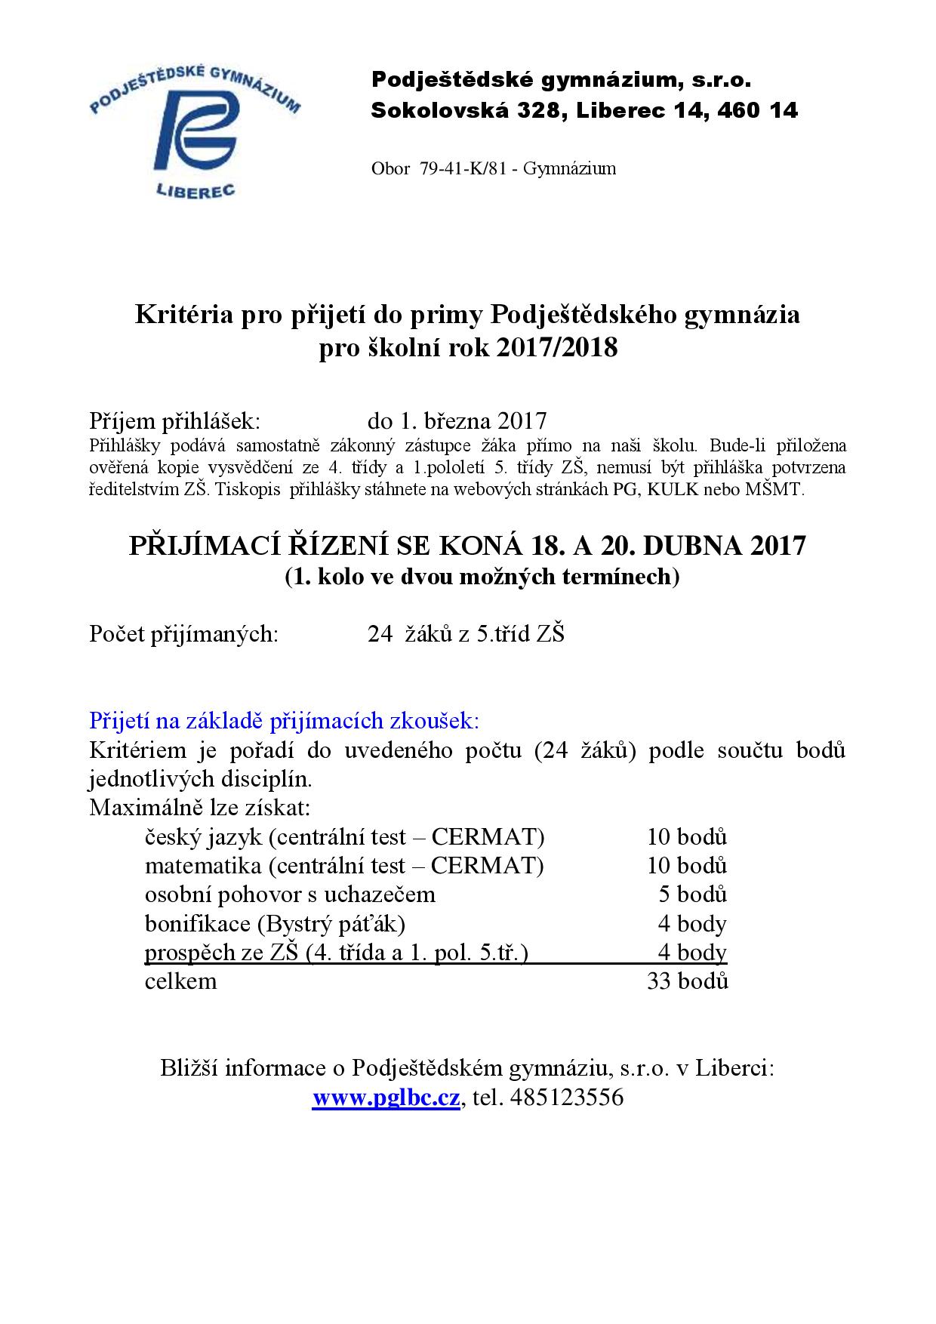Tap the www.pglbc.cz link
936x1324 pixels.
tap(386, 1097)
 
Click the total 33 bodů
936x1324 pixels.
tap(687, 981)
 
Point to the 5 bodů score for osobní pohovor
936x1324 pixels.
tap(692, 894)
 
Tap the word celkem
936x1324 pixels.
tap(180, 981)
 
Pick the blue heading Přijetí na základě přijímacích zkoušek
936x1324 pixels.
tap(284, 720)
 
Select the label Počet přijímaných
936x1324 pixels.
tap(183, 633)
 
